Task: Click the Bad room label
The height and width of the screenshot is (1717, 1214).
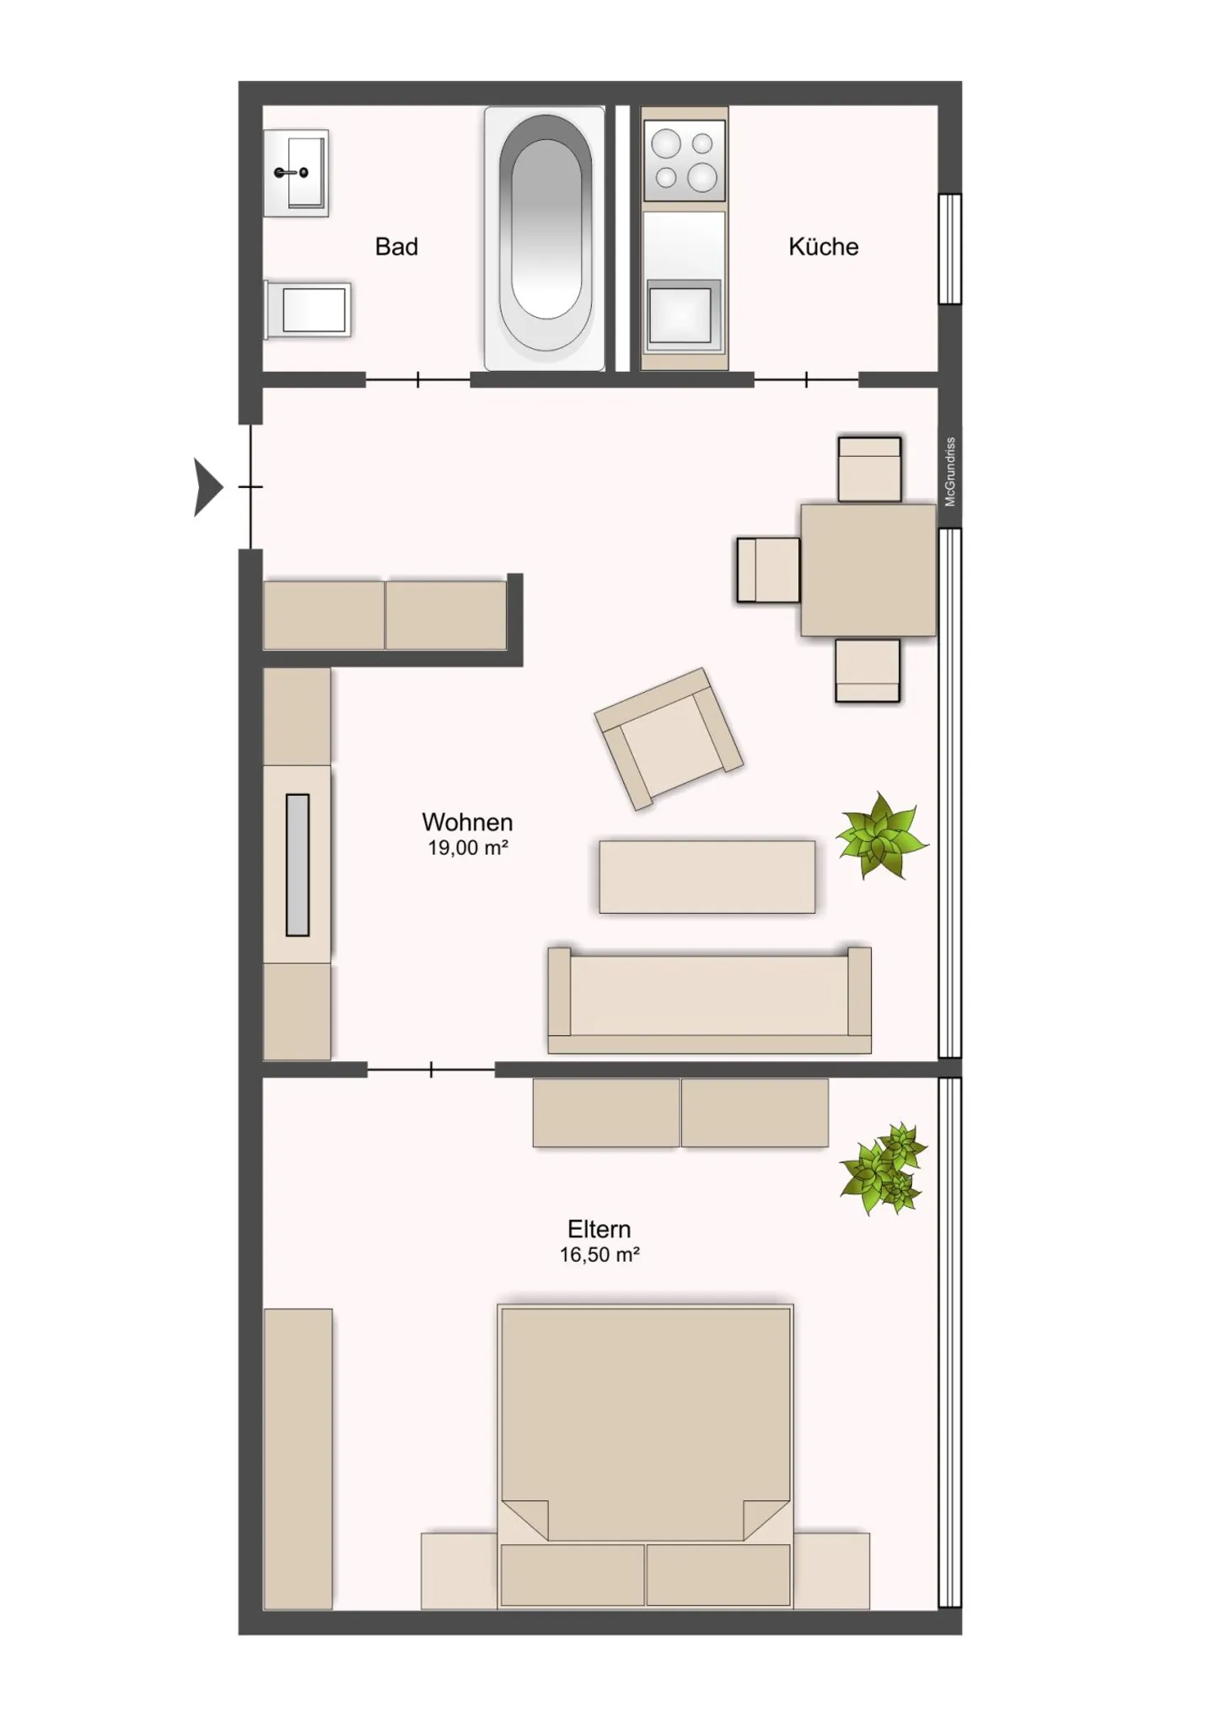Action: point(396,247)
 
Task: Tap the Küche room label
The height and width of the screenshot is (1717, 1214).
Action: point(823,247)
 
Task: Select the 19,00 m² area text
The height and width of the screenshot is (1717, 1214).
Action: point(467,848)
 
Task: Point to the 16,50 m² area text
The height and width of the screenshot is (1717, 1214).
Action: point(599,1255)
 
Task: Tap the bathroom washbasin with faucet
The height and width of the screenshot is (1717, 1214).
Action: point(295,173)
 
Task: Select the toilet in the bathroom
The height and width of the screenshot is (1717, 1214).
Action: point(308,309)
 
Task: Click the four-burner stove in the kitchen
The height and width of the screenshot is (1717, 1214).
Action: point(684,159)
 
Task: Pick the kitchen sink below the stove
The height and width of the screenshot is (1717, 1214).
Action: point(683,315)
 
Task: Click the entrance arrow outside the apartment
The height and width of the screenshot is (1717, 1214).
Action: point(207,486)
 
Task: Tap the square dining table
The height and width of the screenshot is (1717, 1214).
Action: point(868,570)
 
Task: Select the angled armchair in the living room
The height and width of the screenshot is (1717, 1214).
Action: point(669,738)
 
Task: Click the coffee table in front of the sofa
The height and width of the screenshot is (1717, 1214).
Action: point(706,877)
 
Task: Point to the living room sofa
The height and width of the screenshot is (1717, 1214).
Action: point(709,1001)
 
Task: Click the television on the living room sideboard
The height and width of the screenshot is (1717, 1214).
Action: point(297,865)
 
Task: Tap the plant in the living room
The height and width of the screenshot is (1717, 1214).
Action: point(881,835)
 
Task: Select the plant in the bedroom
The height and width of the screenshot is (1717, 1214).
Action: point(883,1167)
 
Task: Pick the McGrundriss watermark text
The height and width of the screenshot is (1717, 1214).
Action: point(950,472)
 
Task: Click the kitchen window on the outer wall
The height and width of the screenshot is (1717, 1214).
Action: point(950,249)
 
